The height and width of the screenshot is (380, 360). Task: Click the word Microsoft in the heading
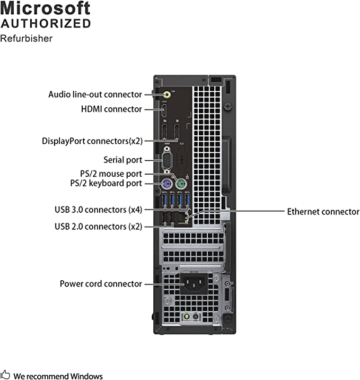pyautogui.click(x=46, y=8)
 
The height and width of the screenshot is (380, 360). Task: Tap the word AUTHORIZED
pyautogui.click(x=46, y=23)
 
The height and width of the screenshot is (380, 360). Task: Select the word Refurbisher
pyautogui.click(x=27, y=38)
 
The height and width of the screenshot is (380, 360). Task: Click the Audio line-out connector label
pyautogui.click(x=95, y=94)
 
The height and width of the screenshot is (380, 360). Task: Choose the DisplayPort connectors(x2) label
pyautogui.click(x=92, y=141)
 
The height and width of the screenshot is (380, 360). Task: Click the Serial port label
pyautogui.click(x=122, y=160)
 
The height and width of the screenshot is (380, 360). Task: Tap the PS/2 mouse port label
pyautogui.click(x=107, y=174)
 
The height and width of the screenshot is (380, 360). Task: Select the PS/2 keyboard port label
pyautogui.click(x=106, y=184)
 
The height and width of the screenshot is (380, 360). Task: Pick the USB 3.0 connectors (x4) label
pyautogui.click(x=98, y=210)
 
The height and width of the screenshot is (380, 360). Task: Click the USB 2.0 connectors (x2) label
pyautogui.click(x=98, y=227)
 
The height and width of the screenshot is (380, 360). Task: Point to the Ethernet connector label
pyautogui.click(x=323, y=212)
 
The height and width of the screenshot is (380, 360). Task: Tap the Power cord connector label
pyautogui.click(x=101, y=284)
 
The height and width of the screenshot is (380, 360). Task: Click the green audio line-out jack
pyautogui.click(x=167, y=94)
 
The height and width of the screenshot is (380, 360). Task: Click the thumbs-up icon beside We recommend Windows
pyautogui.click(x=5, y=375)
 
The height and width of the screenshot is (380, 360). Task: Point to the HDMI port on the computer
pyautogui.click(x=165, y=111)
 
